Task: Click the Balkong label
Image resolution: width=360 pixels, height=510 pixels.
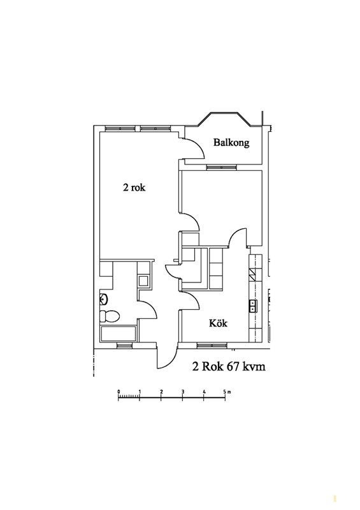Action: [x=231, y=142]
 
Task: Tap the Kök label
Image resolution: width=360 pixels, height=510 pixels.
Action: [x=218, y=323]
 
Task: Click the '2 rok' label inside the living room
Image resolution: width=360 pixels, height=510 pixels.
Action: [x=134, y=187]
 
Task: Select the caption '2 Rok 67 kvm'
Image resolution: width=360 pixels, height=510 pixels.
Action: [x=229, y=367]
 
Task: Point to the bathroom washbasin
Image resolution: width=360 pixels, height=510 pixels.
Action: [x=104, y=298]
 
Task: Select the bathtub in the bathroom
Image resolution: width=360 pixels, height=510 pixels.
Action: [x=119, y=333]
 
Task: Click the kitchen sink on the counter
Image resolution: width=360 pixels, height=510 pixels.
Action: [x=253, y=306]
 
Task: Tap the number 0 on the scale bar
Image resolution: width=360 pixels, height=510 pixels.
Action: [x=119, y=391]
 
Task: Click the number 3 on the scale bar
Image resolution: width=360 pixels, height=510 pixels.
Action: [x=182, y=391]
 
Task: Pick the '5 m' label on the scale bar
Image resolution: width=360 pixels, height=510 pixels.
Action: [x=227, y=391]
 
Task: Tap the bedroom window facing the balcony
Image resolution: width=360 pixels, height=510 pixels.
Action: [x=222, y=167]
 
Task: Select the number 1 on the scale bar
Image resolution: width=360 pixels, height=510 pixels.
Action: [x=140, y=391]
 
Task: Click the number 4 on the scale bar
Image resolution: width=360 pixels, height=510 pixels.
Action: [x=204, y=391]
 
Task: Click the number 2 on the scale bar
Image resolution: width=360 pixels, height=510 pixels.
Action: [x=161, y=391]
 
